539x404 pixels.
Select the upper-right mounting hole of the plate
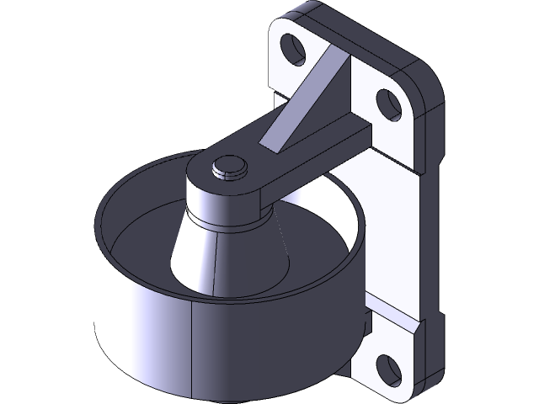pos(387,104)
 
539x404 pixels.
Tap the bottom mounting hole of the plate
pos(387,366)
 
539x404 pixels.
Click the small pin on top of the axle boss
pos(227,167)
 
